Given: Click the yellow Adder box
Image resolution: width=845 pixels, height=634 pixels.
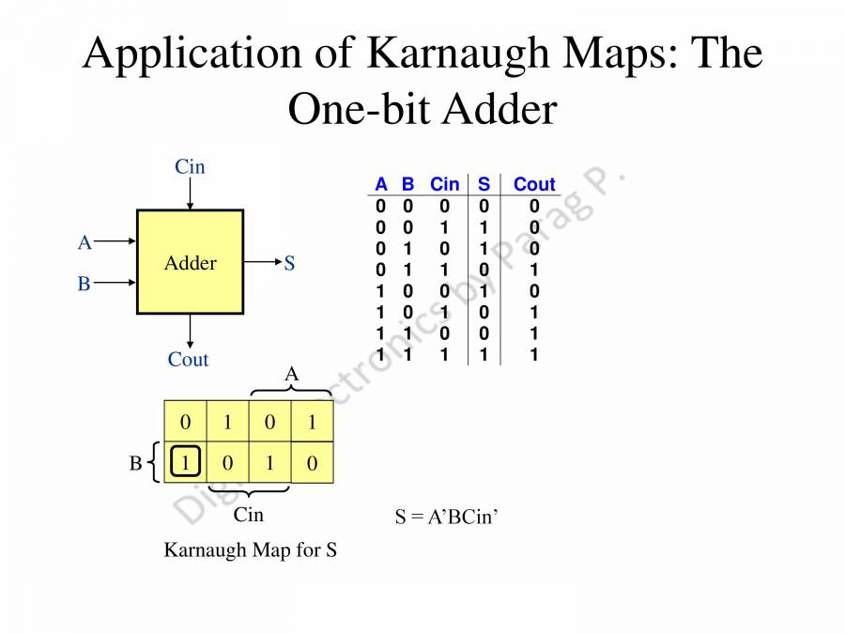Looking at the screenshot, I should pos(190,262).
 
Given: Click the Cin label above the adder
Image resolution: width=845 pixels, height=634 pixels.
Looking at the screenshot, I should pos(190,167).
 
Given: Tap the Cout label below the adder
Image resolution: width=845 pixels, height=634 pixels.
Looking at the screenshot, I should pos(188,360).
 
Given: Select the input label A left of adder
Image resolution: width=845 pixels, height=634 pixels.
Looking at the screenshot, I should pos(84,242).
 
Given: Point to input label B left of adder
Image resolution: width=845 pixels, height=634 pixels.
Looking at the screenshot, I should pos(84,284).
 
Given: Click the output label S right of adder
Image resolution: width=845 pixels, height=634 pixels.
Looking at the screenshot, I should pos(289,264).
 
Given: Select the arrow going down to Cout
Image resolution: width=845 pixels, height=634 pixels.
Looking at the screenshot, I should pos(190,329).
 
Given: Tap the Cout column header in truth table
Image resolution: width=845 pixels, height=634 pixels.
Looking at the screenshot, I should pos(534,184).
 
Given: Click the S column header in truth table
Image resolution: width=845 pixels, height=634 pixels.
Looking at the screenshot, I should pos(484,184).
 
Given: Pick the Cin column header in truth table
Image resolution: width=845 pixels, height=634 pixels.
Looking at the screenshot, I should pos(444,184).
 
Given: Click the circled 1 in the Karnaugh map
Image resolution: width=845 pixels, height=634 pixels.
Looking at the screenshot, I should pos(186,462).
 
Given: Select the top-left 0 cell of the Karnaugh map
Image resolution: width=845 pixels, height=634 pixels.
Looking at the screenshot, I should pos(186,422).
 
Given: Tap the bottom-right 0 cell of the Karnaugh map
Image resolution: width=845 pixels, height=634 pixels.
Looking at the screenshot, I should pos(312,462).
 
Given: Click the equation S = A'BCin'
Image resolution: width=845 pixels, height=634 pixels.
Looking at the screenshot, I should pos(445,517).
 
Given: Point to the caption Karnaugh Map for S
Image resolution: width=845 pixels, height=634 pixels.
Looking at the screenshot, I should pos(250,550).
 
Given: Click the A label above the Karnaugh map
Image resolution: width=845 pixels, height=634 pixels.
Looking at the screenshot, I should pos(291,375).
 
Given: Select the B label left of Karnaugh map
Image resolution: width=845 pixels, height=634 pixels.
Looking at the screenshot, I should pos(135,463).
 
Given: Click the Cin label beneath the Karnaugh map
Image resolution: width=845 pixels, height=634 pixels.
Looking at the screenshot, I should pos(248,515).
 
